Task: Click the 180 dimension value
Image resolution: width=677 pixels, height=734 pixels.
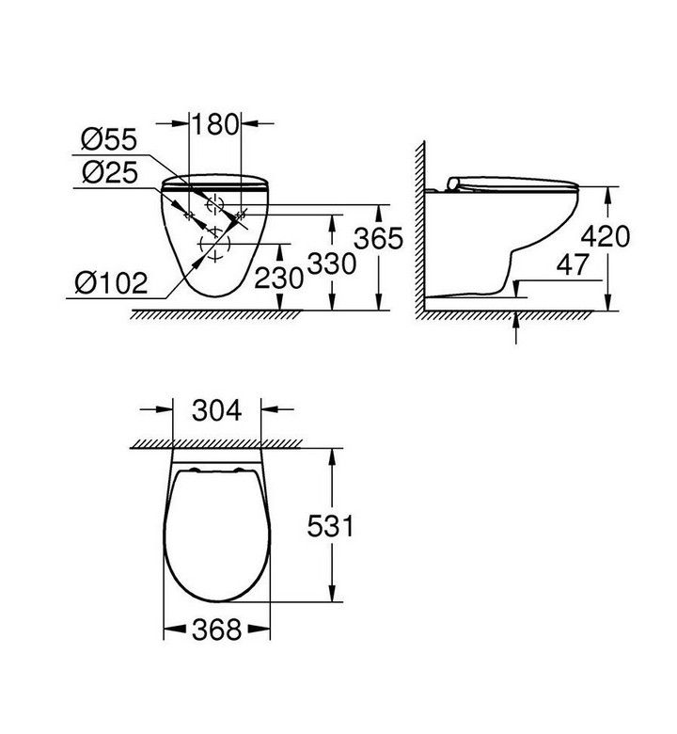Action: click(x=215, y=124)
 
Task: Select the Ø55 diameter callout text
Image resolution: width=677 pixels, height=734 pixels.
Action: click(x=109, y=139)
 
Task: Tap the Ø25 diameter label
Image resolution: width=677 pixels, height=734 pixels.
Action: click(x=110, y=172)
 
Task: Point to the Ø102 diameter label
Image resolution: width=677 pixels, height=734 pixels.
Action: click(x=111, y=282)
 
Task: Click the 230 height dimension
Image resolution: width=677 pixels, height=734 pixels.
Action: click(x=279, y=279)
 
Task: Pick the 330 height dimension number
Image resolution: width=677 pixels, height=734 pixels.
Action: click(x=332, y=263)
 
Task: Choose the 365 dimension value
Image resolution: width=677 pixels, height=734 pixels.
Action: click(x=378, y=238)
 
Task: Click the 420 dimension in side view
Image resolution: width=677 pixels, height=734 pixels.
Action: click(x=606, y=236)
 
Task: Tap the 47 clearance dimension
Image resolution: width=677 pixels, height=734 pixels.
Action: click(x=573, y=264)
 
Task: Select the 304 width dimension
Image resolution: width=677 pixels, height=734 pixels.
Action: click(x=217, y=410)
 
